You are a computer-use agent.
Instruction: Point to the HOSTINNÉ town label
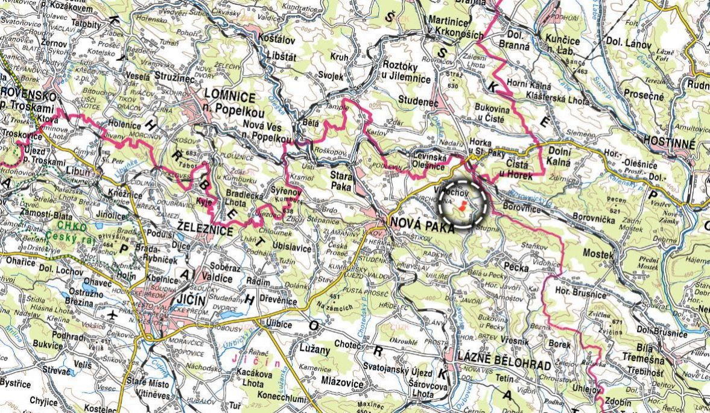(x=670, y=142)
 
